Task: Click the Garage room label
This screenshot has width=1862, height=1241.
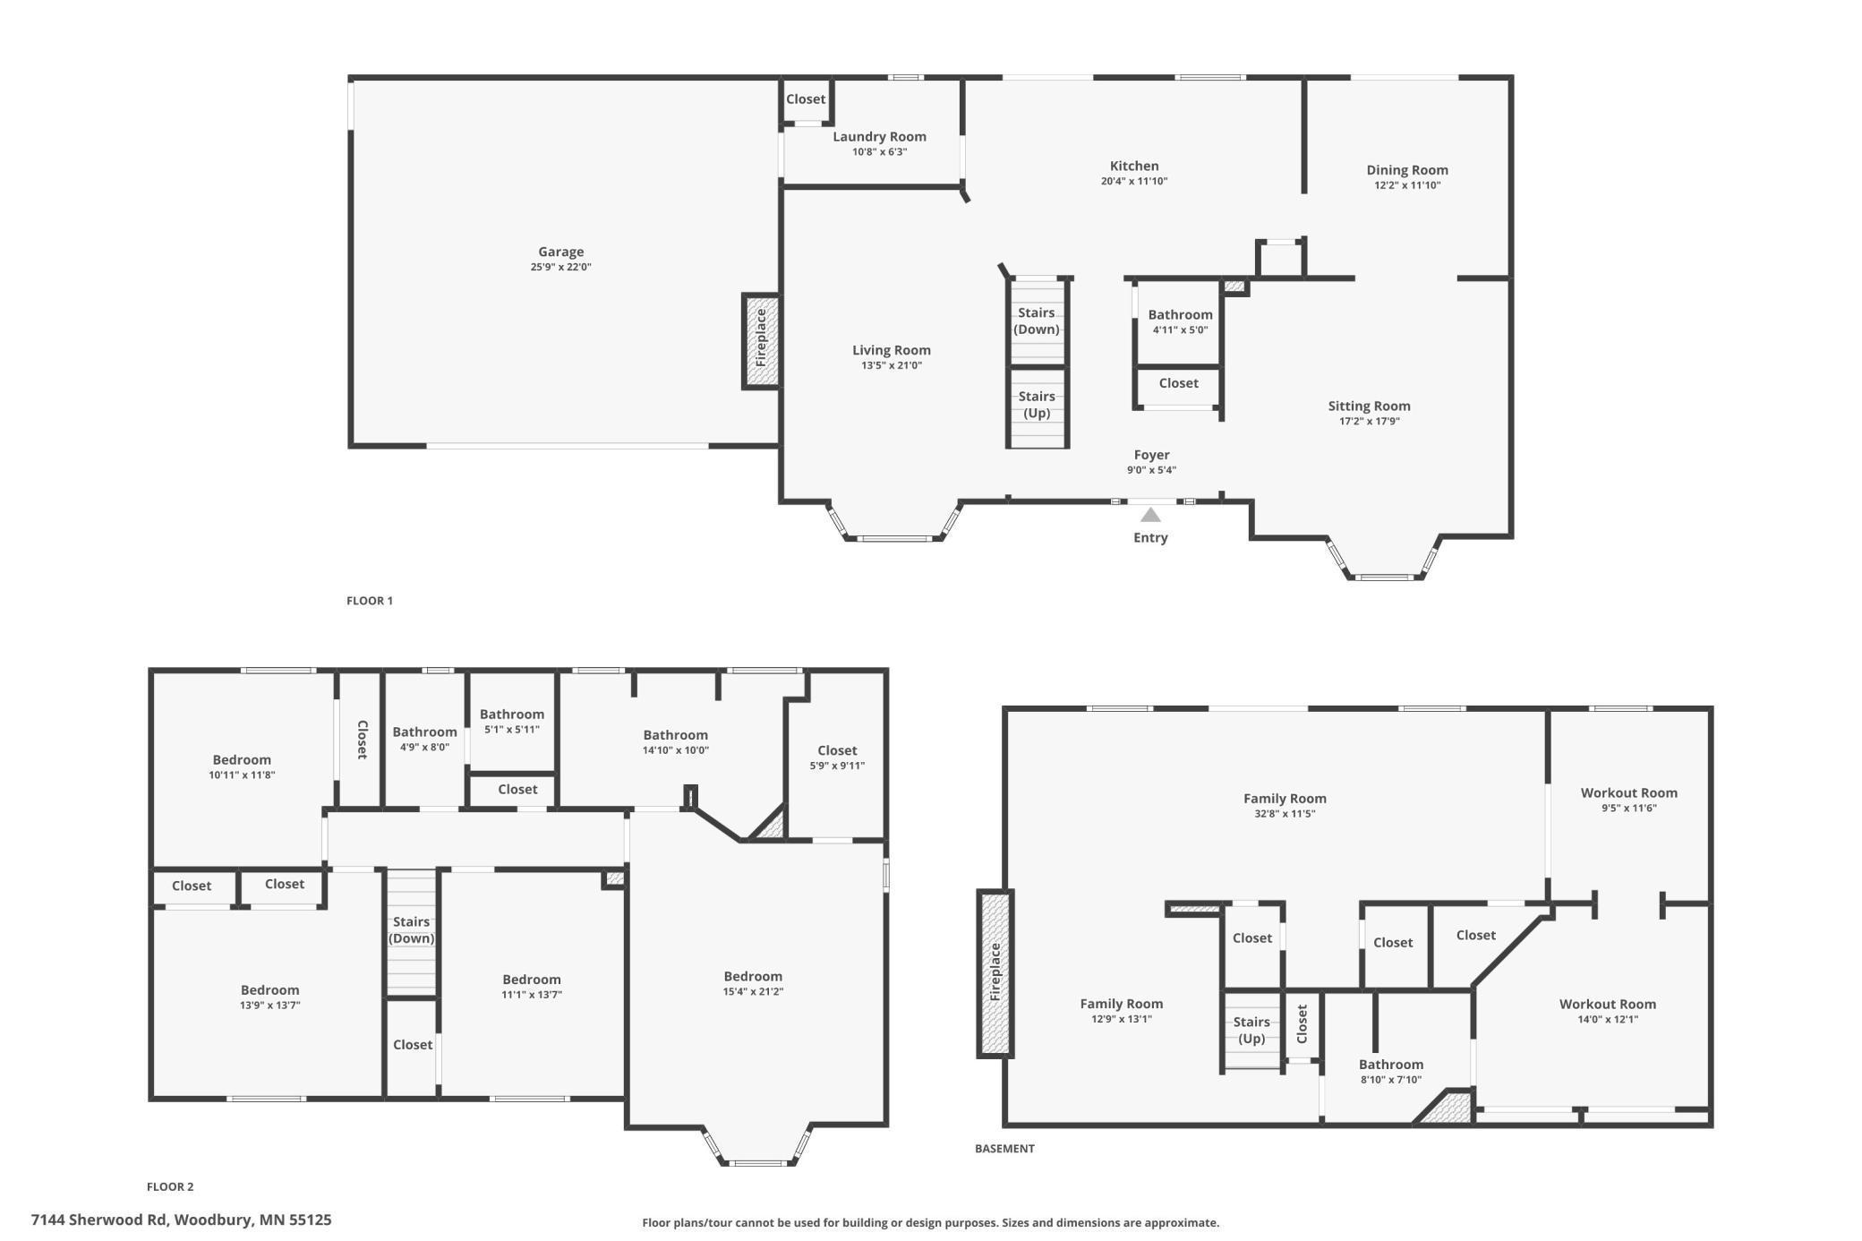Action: click(x=560, y=252)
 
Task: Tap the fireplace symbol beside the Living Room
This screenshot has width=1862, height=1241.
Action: click(x=761, y=341)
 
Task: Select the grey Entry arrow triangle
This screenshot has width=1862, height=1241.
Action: click(x=1150, y=515)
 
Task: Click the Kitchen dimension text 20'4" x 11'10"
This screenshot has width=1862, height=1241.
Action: click(x=1133, y=182)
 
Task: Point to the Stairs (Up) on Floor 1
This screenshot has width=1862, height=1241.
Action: click(x=1036, y=405)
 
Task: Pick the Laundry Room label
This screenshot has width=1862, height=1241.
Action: click(x=879, y=137)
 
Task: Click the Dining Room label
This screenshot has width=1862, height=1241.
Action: click(x=1406, y=170)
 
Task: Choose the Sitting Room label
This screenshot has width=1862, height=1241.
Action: click(x=1369, y=407)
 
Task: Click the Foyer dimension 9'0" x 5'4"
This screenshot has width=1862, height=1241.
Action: click(x=1151, y=470)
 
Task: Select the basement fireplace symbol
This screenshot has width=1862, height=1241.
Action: click(x=995, y=972)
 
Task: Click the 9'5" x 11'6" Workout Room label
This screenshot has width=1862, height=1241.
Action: click(x=1628, y=793)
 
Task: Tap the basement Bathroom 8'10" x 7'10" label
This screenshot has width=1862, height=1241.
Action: click(x=1390, y=1065)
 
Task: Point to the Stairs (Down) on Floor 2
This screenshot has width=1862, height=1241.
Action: click(x=411, y=930)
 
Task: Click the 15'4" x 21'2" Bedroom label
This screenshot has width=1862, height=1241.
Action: click(x=753, y=977)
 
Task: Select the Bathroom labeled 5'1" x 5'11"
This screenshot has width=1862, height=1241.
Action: click(x=511, y=715)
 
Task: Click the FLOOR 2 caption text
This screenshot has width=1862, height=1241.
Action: click(x=170, y=1186)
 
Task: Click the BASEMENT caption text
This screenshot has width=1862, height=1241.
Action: click(x=1004, y=1148)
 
